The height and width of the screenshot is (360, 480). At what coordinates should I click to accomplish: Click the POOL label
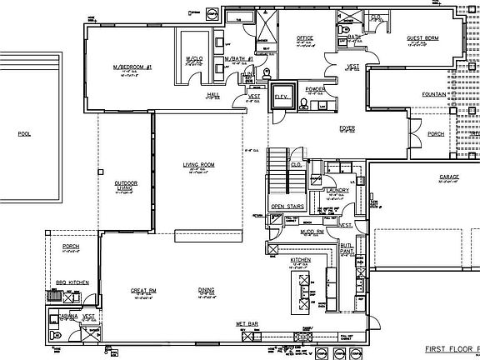(23, 132)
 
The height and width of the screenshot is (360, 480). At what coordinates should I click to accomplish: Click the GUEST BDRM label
(422, 38)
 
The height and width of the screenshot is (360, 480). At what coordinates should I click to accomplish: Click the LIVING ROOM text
(199, 165)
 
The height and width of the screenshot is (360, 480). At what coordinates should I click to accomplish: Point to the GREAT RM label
(144, 290)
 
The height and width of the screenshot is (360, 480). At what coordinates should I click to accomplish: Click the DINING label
(207, 290)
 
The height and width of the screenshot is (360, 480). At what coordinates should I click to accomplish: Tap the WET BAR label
(244, 322)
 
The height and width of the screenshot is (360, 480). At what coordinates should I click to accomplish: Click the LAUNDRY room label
(338, 190)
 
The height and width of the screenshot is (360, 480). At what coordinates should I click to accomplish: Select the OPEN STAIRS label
(286, 206)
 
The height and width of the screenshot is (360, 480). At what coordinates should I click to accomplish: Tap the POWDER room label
(315, 87)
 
